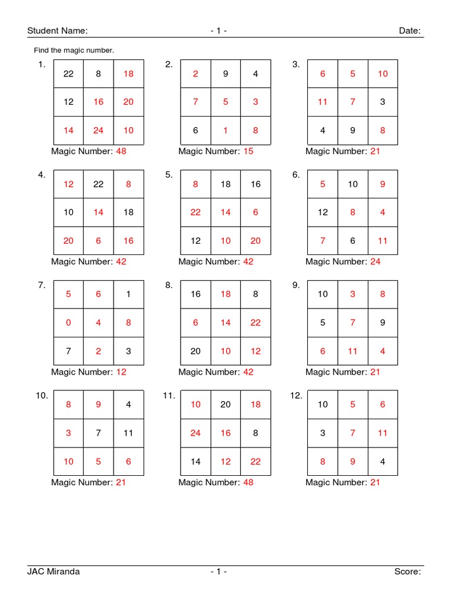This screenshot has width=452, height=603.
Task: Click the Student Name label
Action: (57, 31)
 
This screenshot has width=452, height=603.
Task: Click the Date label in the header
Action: (410, 31)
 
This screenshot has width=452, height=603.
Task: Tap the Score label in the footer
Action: (407, 571)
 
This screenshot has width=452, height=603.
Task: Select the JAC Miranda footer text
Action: (54, 571)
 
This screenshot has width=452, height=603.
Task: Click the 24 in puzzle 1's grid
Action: (98, 130)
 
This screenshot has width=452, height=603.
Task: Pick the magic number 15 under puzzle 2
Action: (248, 151)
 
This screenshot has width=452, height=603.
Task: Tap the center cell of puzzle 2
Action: (225, 102)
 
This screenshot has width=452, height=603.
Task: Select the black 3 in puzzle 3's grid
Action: (383, 102)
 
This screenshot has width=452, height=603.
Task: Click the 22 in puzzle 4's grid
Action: (98, 184)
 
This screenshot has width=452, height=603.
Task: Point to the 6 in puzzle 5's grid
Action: (255, 213)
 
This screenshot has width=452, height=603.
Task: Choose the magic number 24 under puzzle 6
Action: (375, 261)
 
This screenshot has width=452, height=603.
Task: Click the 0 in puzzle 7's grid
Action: (69, 323)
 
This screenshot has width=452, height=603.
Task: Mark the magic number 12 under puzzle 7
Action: (121, 372)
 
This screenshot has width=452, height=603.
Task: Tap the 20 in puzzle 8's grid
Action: (195, 351)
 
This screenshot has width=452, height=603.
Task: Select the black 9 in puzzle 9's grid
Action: (383, 323)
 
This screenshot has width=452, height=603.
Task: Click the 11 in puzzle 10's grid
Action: (128, 433)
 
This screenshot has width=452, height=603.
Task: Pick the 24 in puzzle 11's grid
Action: (195, 433)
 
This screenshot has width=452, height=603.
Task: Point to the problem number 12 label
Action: (296, 396)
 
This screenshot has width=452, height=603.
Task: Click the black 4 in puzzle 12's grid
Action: (383, 461)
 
